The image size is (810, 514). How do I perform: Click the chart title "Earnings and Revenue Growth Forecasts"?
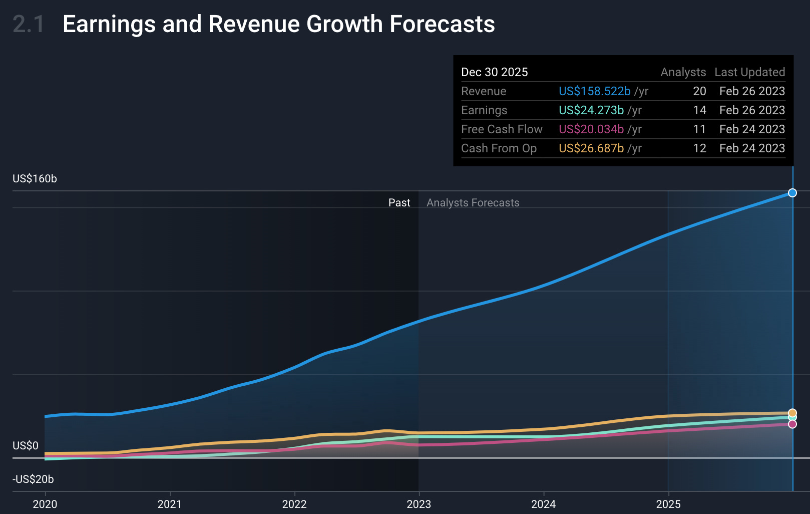click(278, 24)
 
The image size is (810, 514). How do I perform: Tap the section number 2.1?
click(28, 24)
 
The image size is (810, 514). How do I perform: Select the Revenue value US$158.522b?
click(594, 91)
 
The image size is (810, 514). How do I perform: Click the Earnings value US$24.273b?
click(591, 110)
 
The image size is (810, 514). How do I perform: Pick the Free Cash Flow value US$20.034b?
click(591, 129)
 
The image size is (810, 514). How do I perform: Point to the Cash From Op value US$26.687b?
click(591, 148)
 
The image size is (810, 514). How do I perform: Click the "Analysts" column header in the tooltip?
click(683, 72)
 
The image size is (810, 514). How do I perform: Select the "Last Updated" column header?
click(749, 72)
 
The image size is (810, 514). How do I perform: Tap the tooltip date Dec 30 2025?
click(494, 72)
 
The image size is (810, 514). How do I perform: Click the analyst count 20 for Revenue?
click(699, 91)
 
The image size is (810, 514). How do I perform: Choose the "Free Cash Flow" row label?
click(501, 129)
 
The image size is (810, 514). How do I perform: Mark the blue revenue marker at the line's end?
click(792, 193)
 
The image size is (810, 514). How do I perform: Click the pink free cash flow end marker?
click(792, 424)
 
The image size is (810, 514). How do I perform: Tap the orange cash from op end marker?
click(792, 413)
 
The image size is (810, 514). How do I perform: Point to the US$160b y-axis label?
click(35, 179)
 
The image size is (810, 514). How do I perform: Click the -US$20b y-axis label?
click(33, 479)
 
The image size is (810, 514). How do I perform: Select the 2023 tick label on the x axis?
click(419, 504)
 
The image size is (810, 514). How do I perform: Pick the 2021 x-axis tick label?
click(170, 504)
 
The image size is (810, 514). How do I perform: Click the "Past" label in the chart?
click(399, 203)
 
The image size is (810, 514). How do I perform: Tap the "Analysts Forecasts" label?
click(473, 203)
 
